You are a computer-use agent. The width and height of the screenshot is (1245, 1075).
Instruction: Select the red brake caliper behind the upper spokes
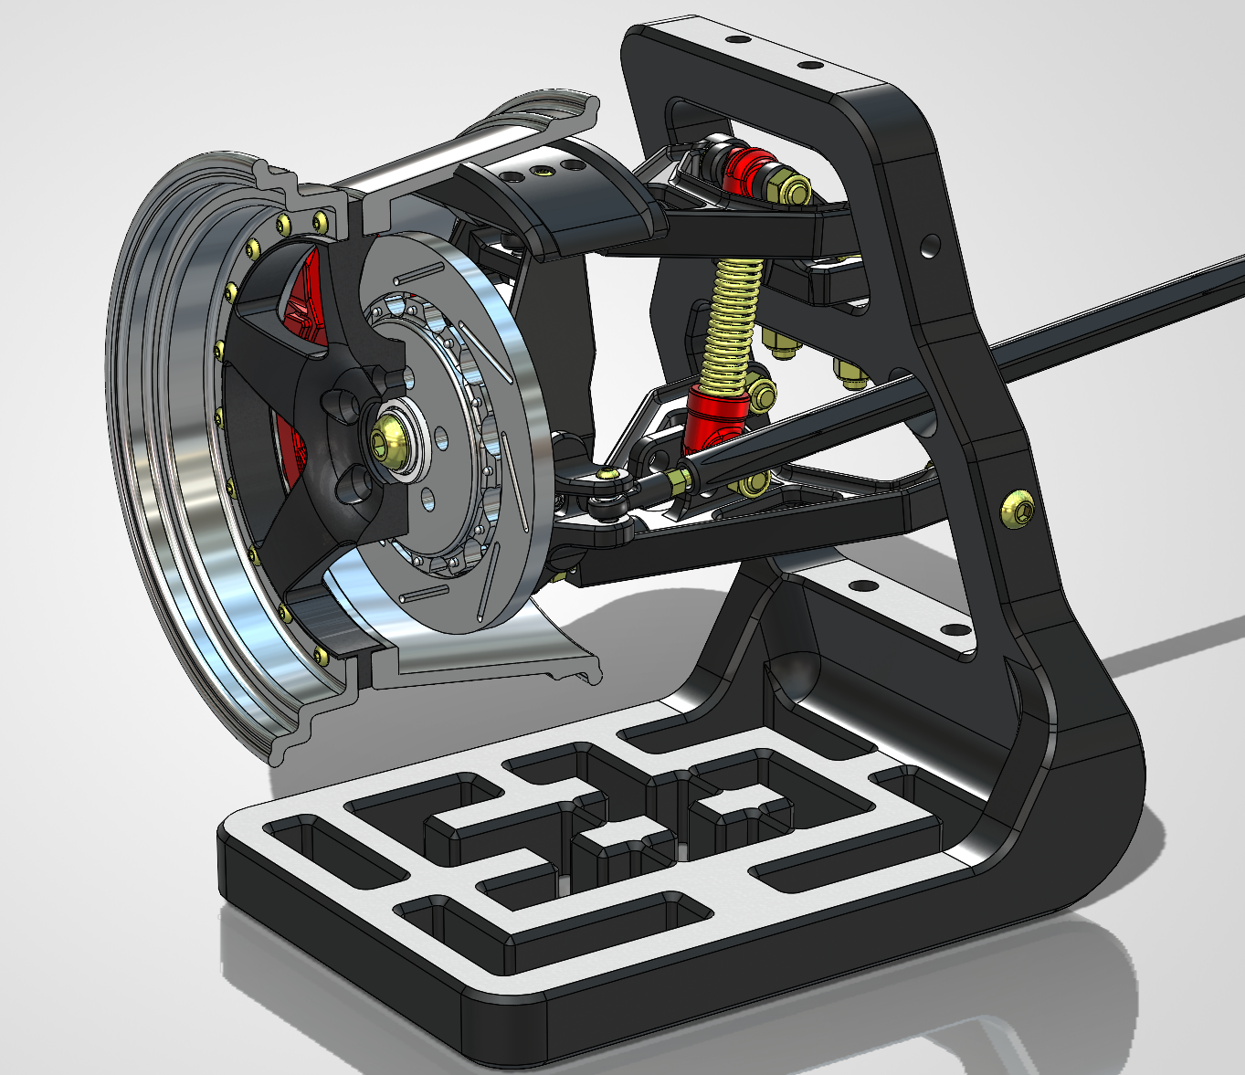[306, 301]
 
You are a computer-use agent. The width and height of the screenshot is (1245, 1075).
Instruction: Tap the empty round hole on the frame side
[929, 244]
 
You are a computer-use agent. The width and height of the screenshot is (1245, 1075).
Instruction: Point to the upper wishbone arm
[731, 228]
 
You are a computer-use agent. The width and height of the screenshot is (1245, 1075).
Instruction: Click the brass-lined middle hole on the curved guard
[545, 170]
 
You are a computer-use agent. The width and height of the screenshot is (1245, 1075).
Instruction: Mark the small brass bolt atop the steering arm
[607, 473]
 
